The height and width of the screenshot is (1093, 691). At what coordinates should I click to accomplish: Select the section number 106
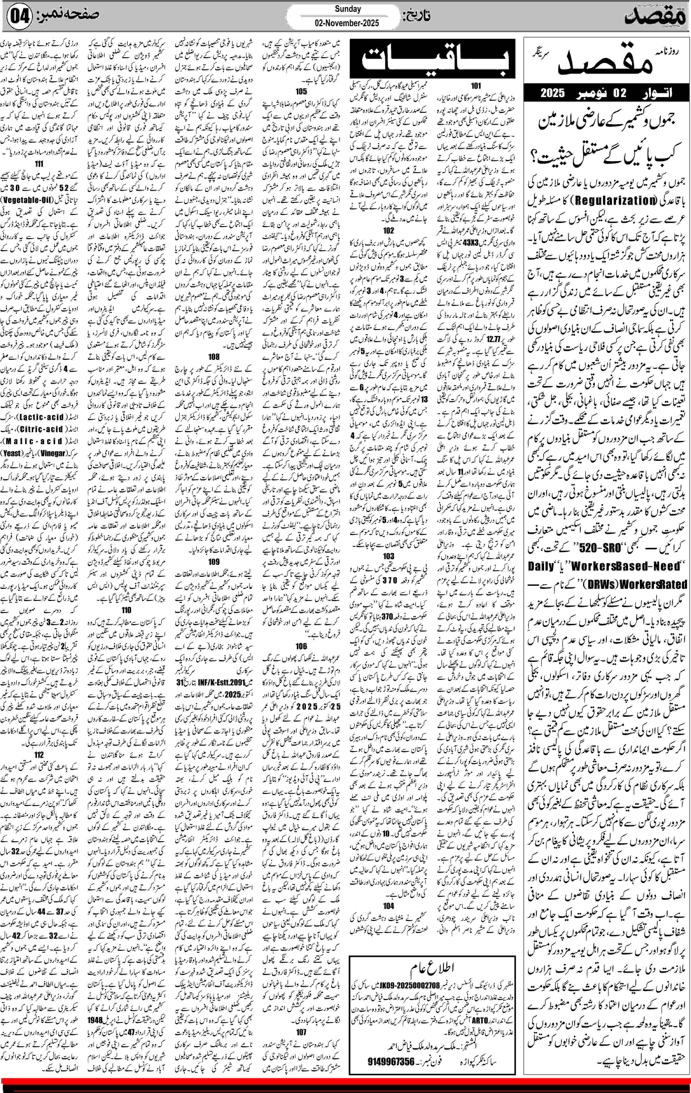[x=301, y=646]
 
